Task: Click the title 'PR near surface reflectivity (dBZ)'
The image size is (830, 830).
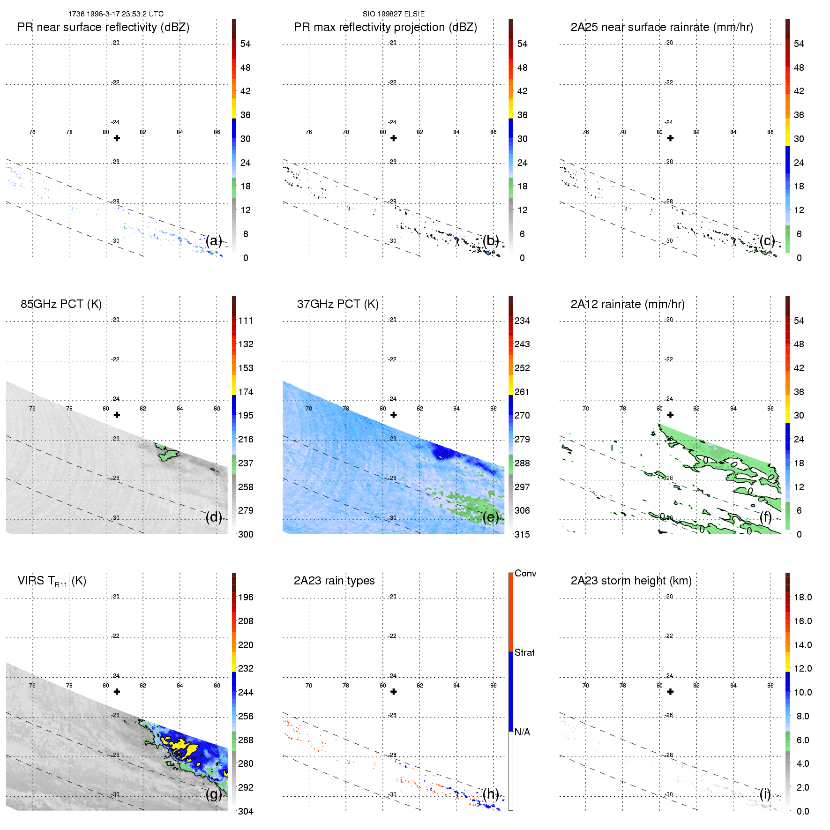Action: (103, 27)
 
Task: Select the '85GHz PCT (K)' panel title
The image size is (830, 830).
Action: (61, 304)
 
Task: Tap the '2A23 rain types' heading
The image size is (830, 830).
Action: (334, 581)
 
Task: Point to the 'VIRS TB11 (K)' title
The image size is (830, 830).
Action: (52, 581)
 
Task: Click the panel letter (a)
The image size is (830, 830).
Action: (214, 240)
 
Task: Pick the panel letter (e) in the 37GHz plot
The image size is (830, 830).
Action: (491, 517)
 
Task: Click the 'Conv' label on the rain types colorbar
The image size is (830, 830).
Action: (525, 573)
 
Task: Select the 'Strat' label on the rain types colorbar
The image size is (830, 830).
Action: (524, 652)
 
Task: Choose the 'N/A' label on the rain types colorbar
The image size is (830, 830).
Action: (522, 732)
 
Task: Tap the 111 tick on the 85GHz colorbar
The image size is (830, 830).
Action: (246, 321)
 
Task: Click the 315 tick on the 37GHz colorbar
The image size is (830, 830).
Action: (522, 534)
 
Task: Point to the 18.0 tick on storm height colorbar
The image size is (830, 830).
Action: (803, 597)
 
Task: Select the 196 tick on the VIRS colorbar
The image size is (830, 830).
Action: (246, 597)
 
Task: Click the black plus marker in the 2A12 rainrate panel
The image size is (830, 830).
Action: (671, 415)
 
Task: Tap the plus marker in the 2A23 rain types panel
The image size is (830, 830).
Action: (394, 692)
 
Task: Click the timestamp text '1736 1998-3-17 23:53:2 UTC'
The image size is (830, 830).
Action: (116, 14)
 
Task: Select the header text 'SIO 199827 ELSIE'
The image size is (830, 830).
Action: (394, 14)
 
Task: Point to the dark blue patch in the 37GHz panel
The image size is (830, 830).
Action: (441, 452)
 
